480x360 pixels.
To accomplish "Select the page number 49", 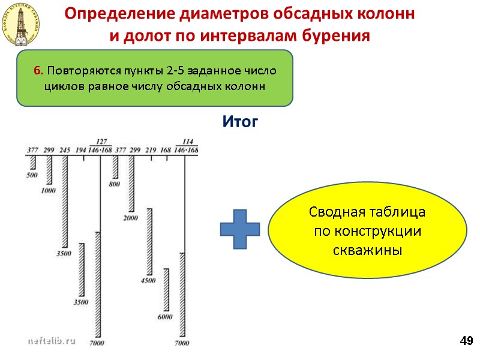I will pos(466,341).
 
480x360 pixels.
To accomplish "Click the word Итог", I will pos(240,122).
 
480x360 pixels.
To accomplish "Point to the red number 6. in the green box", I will pos(38,71).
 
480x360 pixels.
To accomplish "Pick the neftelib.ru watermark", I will pos(52,340).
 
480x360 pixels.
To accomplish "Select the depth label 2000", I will pos(131,218).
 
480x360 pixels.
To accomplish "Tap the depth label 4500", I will pos(148,280).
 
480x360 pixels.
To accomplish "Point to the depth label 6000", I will pos(164,316).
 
